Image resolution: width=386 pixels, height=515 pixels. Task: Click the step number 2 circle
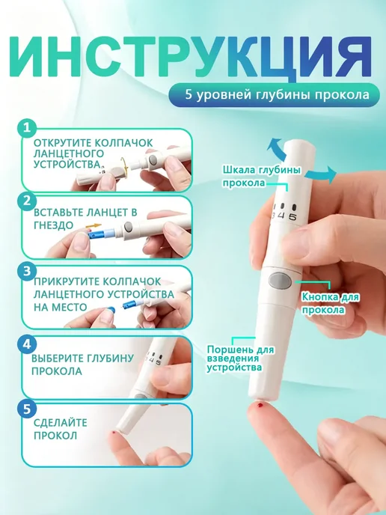[27, 201]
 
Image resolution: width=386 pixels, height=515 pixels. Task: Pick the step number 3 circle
[27, 272]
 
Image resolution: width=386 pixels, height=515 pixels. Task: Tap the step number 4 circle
[27, 344]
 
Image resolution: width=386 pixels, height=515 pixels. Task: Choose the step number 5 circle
[27, 409]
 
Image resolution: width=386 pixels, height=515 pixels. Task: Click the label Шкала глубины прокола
[262, 177]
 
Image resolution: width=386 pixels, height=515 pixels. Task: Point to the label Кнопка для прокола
[330, 303]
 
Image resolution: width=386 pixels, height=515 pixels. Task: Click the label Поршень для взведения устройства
[240, 359]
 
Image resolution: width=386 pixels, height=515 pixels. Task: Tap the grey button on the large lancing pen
[280, 281]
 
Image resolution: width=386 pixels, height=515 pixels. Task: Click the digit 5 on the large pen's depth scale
[292, 217]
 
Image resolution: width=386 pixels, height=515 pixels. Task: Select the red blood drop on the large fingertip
[261, 405]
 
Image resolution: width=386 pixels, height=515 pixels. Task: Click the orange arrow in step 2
[94, 226]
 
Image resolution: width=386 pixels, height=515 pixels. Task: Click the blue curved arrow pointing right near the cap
[325, 174]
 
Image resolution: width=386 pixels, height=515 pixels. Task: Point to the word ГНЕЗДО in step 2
[53, 225]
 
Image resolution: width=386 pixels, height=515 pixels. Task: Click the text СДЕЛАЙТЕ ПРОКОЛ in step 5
[61, 429]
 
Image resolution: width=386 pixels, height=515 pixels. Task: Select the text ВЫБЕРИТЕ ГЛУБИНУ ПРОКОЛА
[82, 365]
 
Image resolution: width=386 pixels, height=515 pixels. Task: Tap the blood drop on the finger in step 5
[113, 433]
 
